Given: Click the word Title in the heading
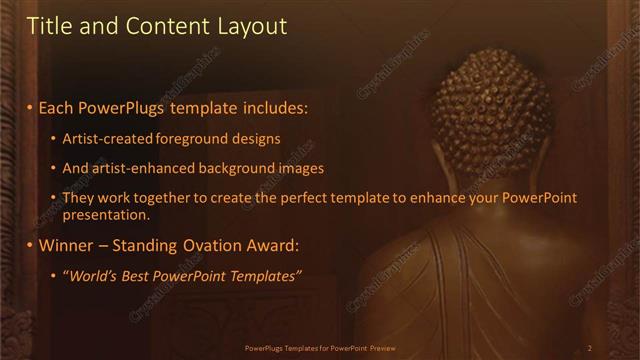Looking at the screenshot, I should click(x=49, y=26).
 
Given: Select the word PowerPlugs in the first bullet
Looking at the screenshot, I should click(x=119, y=107).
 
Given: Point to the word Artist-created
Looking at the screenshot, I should click(x=108, y=138).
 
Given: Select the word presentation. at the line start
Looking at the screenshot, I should click(x=105, y=214).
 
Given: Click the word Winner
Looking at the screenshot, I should click(x=68, y=245).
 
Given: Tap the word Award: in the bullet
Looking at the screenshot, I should click(x=276, y=245).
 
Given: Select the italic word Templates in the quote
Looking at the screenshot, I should click(x=261, y=275).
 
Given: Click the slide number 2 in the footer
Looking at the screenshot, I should click(x=590, y=348).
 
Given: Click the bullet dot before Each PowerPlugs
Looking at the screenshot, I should click(x=30, y=108).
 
